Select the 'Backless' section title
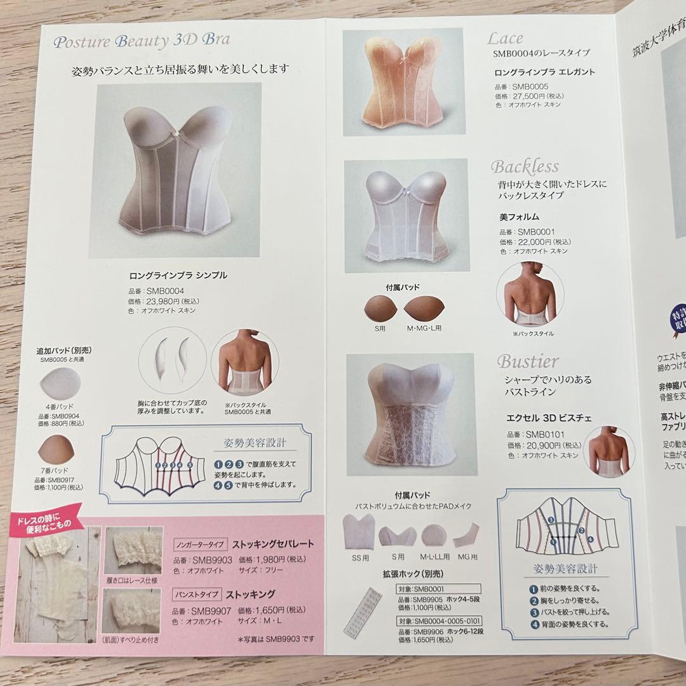525,167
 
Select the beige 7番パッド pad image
56,452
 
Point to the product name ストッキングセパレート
273,544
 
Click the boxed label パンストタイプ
196,595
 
